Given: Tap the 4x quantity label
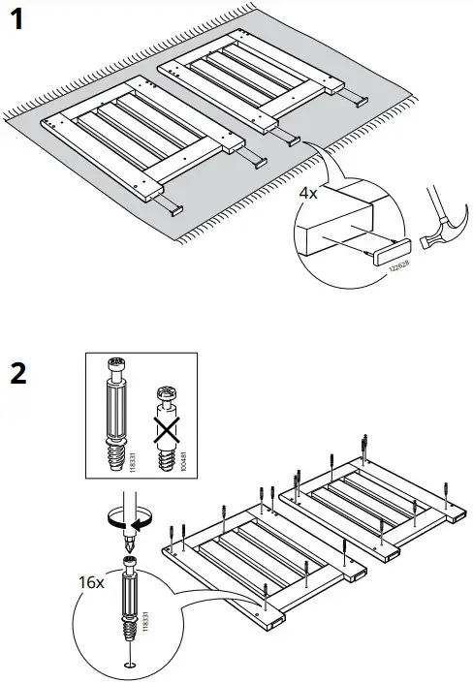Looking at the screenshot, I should (308, 193).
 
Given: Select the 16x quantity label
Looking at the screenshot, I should (92, 583).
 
